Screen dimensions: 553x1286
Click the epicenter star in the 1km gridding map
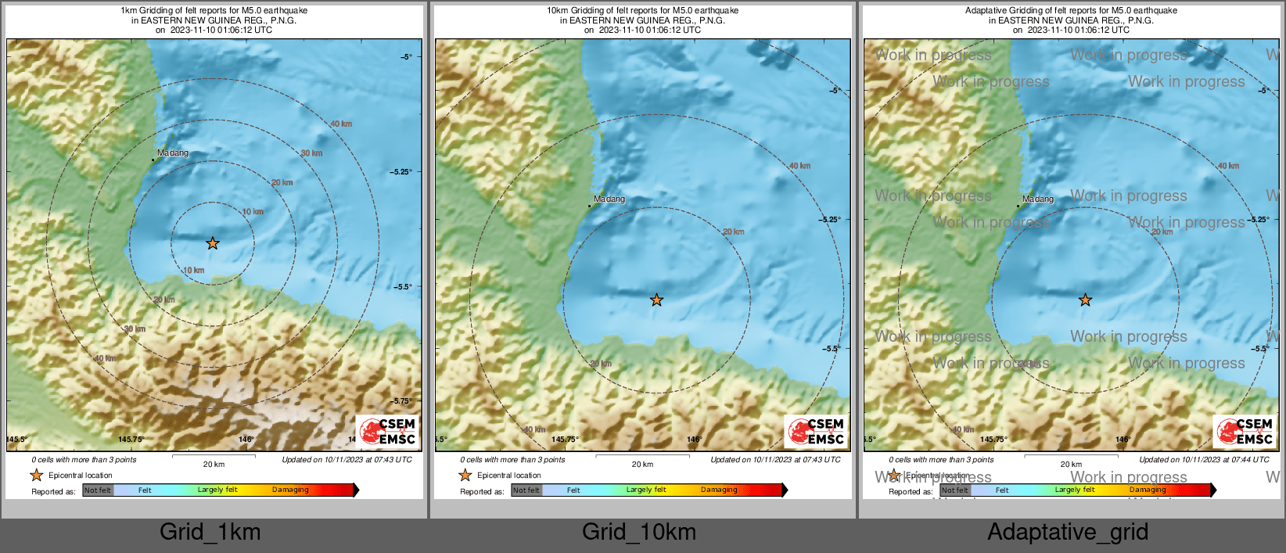point(213,243)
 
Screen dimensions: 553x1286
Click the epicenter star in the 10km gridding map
point(656,300)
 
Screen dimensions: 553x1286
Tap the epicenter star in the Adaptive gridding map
point(1085,300)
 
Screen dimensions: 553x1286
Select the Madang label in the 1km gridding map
point(173,153)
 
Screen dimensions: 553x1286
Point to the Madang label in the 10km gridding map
point(609,199)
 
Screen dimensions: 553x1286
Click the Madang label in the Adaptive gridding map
point(1038,199)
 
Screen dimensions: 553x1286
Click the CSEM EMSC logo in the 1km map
point(388,431)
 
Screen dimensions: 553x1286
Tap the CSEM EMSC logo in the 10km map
point(817,431)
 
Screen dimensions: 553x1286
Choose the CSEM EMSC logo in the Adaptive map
point(1245,431)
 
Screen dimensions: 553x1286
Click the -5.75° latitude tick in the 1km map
point(402,401)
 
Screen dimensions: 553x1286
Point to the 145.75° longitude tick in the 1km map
point(131,440)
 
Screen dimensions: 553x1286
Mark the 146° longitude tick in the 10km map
point(694,440)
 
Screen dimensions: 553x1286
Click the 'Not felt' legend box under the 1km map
point(98,490)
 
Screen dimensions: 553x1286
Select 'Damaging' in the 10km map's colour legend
point(719,490)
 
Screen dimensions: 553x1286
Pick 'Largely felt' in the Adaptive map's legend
point(1075,490)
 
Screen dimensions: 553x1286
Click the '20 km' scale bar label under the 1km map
point(214,465)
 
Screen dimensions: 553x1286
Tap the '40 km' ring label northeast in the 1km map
point(341,124)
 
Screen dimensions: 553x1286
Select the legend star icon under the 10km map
point(465,475)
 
